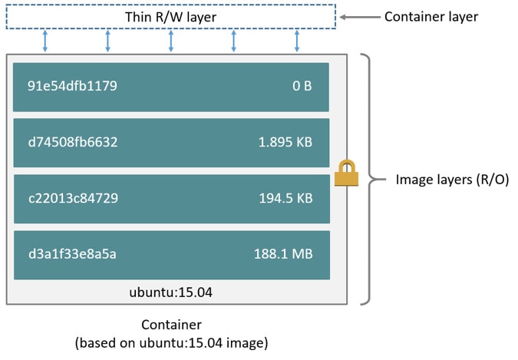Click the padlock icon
point(346,174)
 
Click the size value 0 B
point(302,86)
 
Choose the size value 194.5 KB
point(285,198)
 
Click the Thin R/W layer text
point(170,17)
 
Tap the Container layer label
point(431,16)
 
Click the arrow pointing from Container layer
point(357,16)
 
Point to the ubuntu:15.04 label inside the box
point(171,292)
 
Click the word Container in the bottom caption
point(171,325)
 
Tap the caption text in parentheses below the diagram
point(171,342)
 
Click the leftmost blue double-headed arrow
point(45,41)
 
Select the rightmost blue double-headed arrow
point(297,41)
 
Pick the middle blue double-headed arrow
point(171,41)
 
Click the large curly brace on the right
point(371,179)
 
